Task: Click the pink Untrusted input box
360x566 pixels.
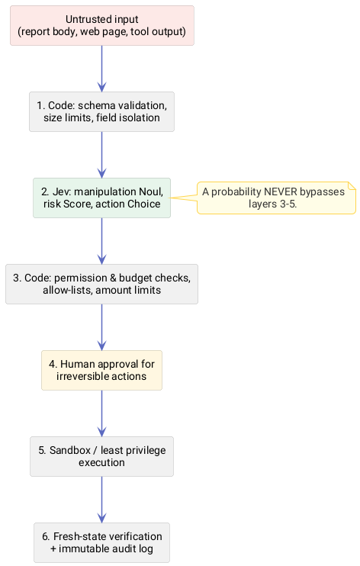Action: [x=102, y=25]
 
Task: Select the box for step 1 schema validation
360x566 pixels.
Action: [x=102, y=111]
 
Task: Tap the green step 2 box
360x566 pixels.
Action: [x=102, y=198]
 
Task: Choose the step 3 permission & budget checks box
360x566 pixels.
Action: [x=102, y=284]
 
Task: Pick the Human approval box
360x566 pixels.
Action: [x=102, y=371]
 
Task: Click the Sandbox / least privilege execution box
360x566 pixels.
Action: [x=102, y=457]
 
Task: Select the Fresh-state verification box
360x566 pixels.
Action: [x=102, y=542]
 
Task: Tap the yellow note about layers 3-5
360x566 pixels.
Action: [x=276, y=198]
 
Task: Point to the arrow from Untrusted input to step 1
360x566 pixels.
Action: [x=102, y=69]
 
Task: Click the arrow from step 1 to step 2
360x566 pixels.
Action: [x=102, y=155]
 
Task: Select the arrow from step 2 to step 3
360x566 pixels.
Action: [x=102, y=241]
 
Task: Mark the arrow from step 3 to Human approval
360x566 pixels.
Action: [x=102, y=327]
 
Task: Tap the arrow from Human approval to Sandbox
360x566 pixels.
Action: [x=102, y=413]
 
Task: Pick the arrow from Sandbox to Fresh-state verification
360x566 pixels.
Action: [x=102, y=500]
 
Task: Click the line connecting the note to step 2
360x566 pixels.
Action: [x=184, y=198]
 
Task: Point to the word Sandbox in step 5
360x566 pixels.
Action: [x=70, y=451]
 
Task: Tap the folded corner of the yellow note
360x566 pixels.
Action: [x=352, y=185]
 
